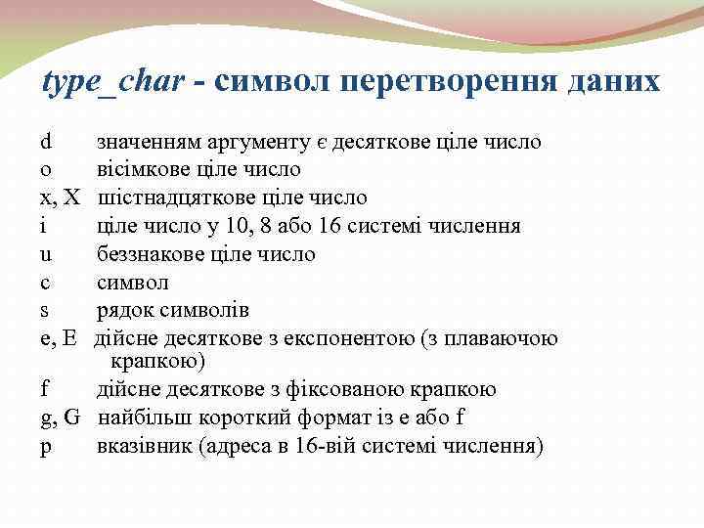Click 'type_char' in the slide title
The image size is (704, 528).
point(112,81)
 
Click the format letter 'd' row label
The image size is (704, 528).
point(45,142)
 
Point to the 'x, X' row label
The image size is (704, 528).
point(60,198)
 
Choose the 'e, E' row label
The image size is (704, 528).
point(58,339)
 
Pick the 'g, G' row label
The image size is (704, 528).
point(60,418)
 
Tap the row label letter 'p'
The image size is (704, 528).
point(45,448)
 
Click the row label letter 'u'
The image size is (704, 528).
point(45,255)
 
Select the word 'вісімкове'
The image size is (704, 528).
point(143,170)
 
